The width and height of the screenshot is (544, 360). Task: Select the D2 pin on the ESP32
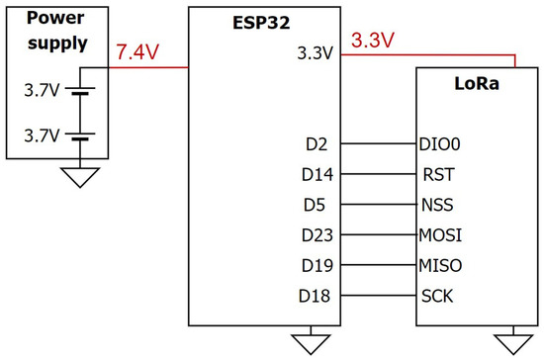pos(317,142)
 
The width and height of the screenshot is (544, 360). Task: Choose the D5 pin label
pos(317,206)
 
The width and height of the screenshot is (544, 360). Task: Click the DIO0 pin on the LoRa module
pos(441,142)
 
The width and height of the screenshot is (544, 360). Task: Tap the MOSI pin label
pos(441,236)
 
